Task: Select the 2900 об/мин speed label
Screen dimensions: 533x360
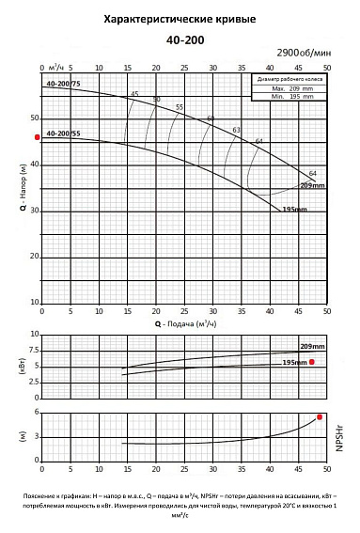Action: click(302, 55)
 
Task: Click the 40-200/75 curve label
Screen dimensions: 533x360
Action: click(63, 85)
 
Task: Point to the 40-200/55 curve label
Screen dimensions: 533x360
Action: click(63, 133)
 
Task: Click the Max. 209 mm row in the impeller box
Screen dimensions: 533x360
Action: click(288, 87)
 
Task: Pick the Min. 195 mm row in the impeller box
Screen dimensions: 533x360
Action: click(288, 95)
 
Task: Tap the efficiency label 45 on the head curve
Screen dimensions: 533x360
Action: click(134, 94)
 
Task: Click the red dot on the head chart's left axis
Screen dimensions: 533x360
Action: click(37, 138)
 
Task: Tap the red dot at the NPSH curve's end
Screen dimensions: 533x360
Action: click(321, 416)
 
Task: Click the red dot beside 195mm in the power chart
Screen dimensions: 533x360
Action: click(312, 362)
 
